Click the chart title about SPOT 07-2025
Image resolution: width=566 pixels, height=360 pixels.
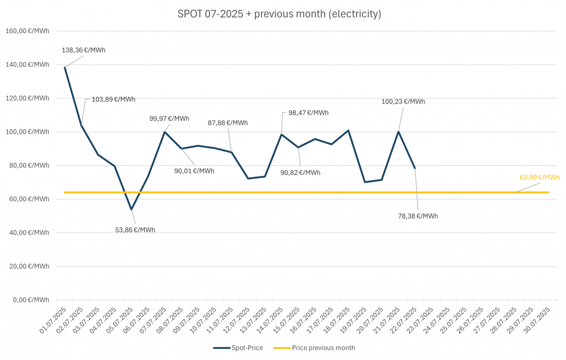click(x=279, y=14)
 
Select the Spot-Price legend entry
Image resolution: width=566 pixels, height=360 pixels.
click(x=238, y=348)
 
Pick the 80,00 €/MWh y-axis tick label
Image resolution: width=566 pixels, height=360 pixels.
click(x=27, y=165)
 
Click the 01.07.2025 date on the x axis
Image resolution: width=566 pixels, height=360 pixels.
click(x=54, y=318)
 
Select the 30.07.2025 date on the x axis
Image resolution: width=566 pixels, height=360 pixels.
click(x=538, y=318)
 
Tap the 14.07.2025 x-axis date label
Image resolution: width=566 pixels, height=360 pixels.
click(x=271, y=318)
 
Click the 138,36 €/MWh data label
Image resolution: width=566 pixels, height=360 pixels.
click(x=83, y=50)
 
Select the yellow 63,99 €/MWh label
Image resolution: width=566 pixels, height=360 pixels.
click(x=539, y=178)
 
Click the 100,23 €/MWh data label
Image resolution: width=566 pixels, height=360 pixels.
click(x=403, y=101)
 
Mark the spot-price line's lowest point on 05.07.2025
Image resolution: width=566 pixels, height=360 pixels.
click(x=131, y=210)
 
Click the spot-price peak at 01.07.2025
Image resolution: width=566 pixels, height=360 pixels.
click(x=65, y=67)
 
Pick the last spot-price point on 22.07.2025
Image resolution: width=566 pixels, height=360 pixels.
click(x=415, y=168)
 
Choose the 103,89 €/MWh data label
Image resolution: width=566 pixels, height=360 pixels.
click(x=113, y=100)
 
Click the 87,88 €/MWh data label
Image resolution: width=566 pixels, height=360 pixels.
click(x=227, y=123)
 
